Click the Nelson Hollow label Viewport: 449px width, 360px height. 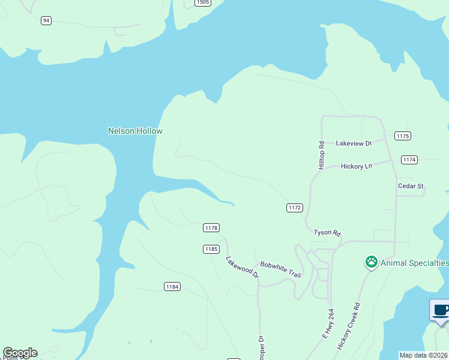(135, 131)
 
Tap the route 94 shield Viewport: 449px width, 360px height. (46, 20)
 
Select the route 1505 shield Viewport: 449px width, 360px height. (203, 2)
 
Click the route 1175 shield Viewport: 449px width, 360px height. (402, 136)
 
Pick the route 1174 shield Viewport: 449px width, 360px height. (409, 160)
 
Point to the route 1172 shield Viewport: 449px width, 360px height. (294, 208)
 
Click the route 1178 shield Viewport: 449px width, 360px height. (211, 227)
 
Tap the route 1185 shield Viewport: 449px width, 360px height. (211, 248)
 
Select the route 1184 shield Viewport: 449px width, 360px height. (172, 287)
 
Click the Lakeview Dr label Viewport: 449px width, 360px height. (354, 143)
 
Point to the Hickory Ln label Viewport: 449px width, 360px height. (357, 166)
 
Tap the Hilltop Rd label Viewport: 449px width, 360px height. (322, 155)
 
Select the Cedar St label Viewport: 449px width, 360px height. (411, 186)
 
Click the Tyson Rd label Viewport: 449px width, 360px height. (327, 232)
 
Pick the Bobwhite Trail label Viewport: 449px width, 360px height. (280, 269)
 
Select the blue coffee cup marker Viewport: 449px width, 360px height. (441, 311)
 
